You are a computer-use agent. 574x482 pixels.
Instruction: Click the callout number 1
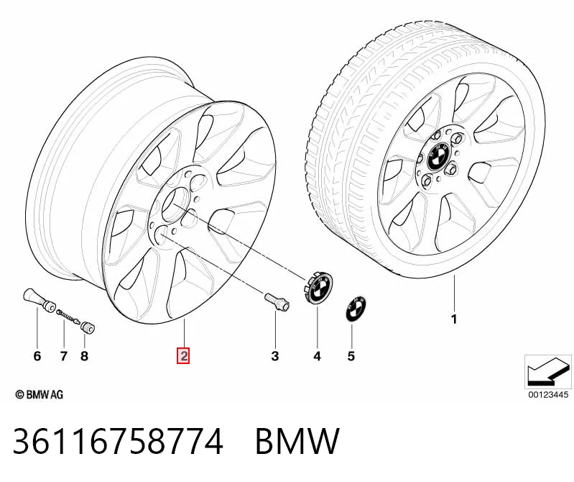tap(454, 319)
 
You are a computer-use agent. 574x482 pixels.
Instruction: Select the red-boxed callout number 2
tap(183, 355)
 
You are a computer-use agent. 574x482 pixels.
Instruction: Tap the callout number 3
tap(275, 356)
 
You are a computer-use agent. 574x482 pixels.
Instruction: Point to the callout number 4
tap(317, 356)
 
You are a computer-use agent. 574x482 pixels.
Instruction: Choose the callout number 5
tap(351, 356)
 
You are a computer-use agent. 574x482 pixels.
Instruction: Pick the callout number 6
tap(37, 356)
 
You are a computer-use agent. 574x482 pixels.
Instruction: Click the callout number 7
tap(64, 356)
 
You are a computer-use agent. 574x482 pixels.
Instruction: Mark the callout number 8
tap(84, 356)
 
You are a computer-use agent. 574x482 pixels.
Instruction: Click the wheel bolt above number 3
tap(277, 301)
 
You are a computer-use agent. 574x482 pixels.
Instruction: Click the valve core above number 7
tap(68, 317)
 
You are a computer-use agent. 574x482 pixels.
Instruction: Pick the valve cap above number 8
tap(88, 327)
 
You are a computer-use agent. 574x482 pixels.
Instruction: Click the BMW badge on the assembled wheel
tap(438, 155)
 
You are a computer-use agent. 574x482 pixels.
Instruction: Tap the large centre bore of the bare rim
tap(175, 204)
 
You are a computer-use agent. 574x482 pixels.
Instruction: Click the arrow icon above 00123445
tap(548, 372)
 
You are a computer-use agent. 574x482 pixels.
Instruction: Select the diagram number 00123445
tap(548, 394)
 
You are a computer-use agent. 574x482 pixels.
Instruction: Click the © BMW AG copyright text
tap(40, 394)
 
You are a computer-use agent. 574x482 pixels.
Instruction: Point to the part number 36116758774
tap(118, 441)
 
